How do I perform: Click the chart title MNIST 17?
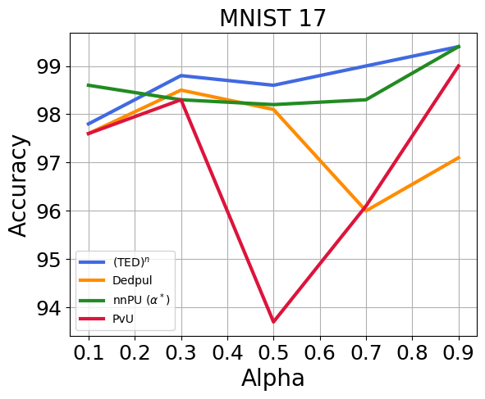[x=273, y=17]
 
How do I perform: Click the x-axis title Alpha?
[x=273, y=379]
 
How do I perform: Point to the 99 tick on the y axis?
[x=51, y=66]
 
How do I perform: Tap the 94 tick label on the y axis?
[x=51, y=309]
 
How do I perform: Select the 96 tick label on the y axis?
[x=51, y=211]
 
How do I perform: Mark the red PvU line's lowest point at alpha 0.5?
[x=273, y=322]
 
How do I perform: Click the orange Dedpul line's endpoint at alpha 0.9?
[x=459, y=157]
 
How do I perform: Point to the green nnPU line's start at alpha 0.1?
[x=88, y=84]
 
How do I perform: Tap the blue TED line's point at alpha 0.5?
[x=273, y=84]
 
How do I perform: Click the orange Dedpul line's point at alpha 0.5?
[x=273, y=109]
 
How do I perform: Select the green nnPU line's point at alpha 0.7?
[x=366, y=99]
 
